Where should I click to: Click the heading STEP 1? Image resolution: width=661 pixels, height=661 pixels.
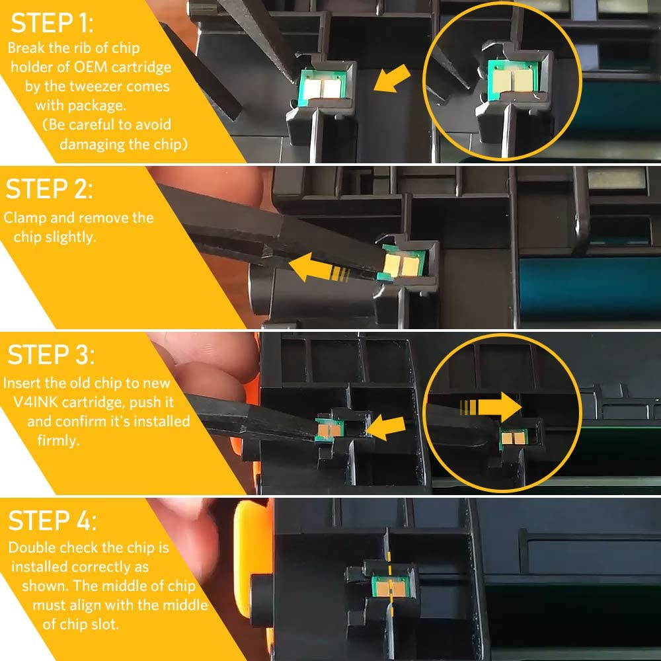pos(52,23)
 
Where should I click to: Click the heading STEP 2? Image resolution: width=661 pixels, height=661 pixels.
pos(48,189)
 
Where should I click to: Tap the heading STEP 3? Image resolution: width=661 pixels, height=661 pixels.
pos(51,354)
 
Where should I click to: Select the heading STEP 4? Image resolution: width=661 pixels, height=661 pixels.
pos(52,520)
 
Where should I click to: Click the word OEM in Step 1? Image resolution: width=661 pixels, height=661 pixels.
pos(91,67)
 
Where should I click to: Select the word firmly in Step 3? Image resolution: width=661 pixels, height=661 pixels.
pos(58,440)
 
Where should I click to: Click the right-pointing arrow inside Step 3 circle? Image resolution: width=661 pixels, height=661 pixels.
pos(491,407)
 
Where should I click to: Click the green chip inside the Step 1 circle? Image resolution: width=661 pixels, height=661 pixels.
pos(512,79)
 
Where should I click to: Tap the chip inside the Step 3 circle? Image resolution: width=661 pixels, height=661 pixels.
pos(514,438)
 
